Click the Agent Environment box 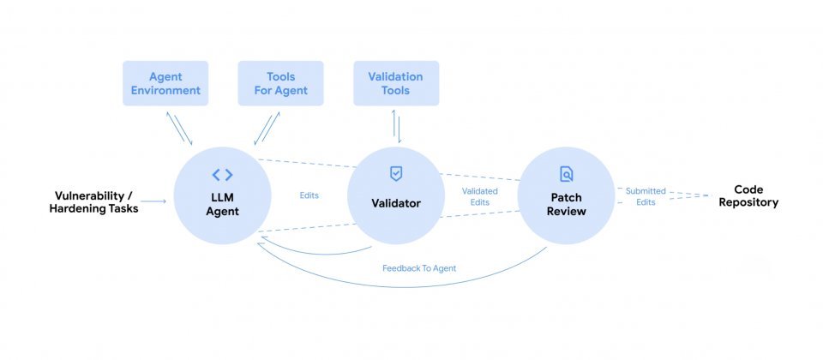tap(166, 83)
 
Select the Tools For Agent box tap(281, 83)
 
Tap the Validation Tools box tap(396, 83)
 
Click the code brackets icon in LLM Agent tap(222, 175)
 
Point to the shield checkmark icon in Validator tap(395, 173)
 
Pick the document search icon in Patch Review tap(567, 174)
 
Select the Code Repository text tap(748, 196)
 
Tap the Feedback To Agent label tap(419, 268)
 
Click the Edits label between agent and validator tap(309, 195)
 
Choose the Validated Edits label tap(479, 196)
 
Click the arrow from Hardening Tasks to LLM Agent tap(154, 202)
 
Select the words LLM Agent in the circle tap(222, 203)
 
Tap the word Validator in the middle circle tap(395, 203)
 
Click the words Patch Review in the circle tap(567, 203)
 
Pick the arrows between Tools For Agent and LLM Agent tap(267, 128)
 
